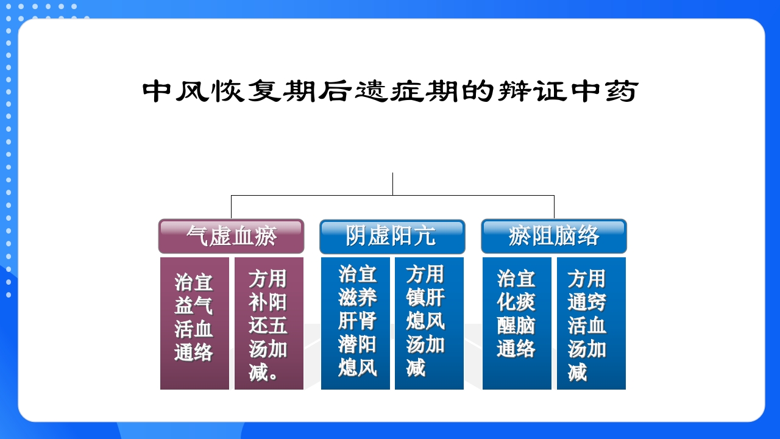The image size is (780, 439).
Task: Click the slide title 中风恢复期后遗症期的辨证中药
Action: click(390, 92)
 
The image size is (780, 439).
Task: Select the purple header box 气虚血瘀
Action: click(231, 236)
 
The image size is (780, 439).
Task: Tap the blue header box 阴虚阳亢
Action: click(392, 236)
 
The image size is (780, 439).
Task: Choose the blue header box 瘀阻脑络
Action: click(553, 236)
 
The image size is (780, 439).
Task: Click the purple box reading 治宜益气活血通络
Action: click(194, 323)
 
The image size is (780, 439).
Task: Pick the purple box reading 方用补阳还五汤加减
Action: click(269, 323)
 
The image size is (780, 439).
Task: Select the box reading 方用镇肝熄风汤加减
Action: click(429, 323)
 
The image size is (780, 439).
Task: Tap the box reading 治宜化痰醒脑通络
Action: click(517, 323)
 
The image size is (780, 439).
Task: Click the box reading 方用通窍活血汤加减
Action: click(591, 323)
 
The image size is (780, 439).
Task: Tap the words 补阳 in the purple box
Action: click(268, 302)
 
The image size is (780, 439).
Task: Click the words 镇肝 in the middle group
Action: click(426, 298)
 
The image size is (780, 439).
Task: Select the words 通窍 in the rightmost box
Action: click(587, 302)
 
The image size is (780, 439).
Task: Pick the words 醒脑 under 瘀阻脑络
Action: click(516, 326)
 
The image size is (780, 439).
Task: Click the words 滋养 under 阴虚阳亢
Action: click(358, 298)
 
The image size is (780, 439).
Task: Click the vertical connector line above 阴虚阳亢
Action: click(392, 184)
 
